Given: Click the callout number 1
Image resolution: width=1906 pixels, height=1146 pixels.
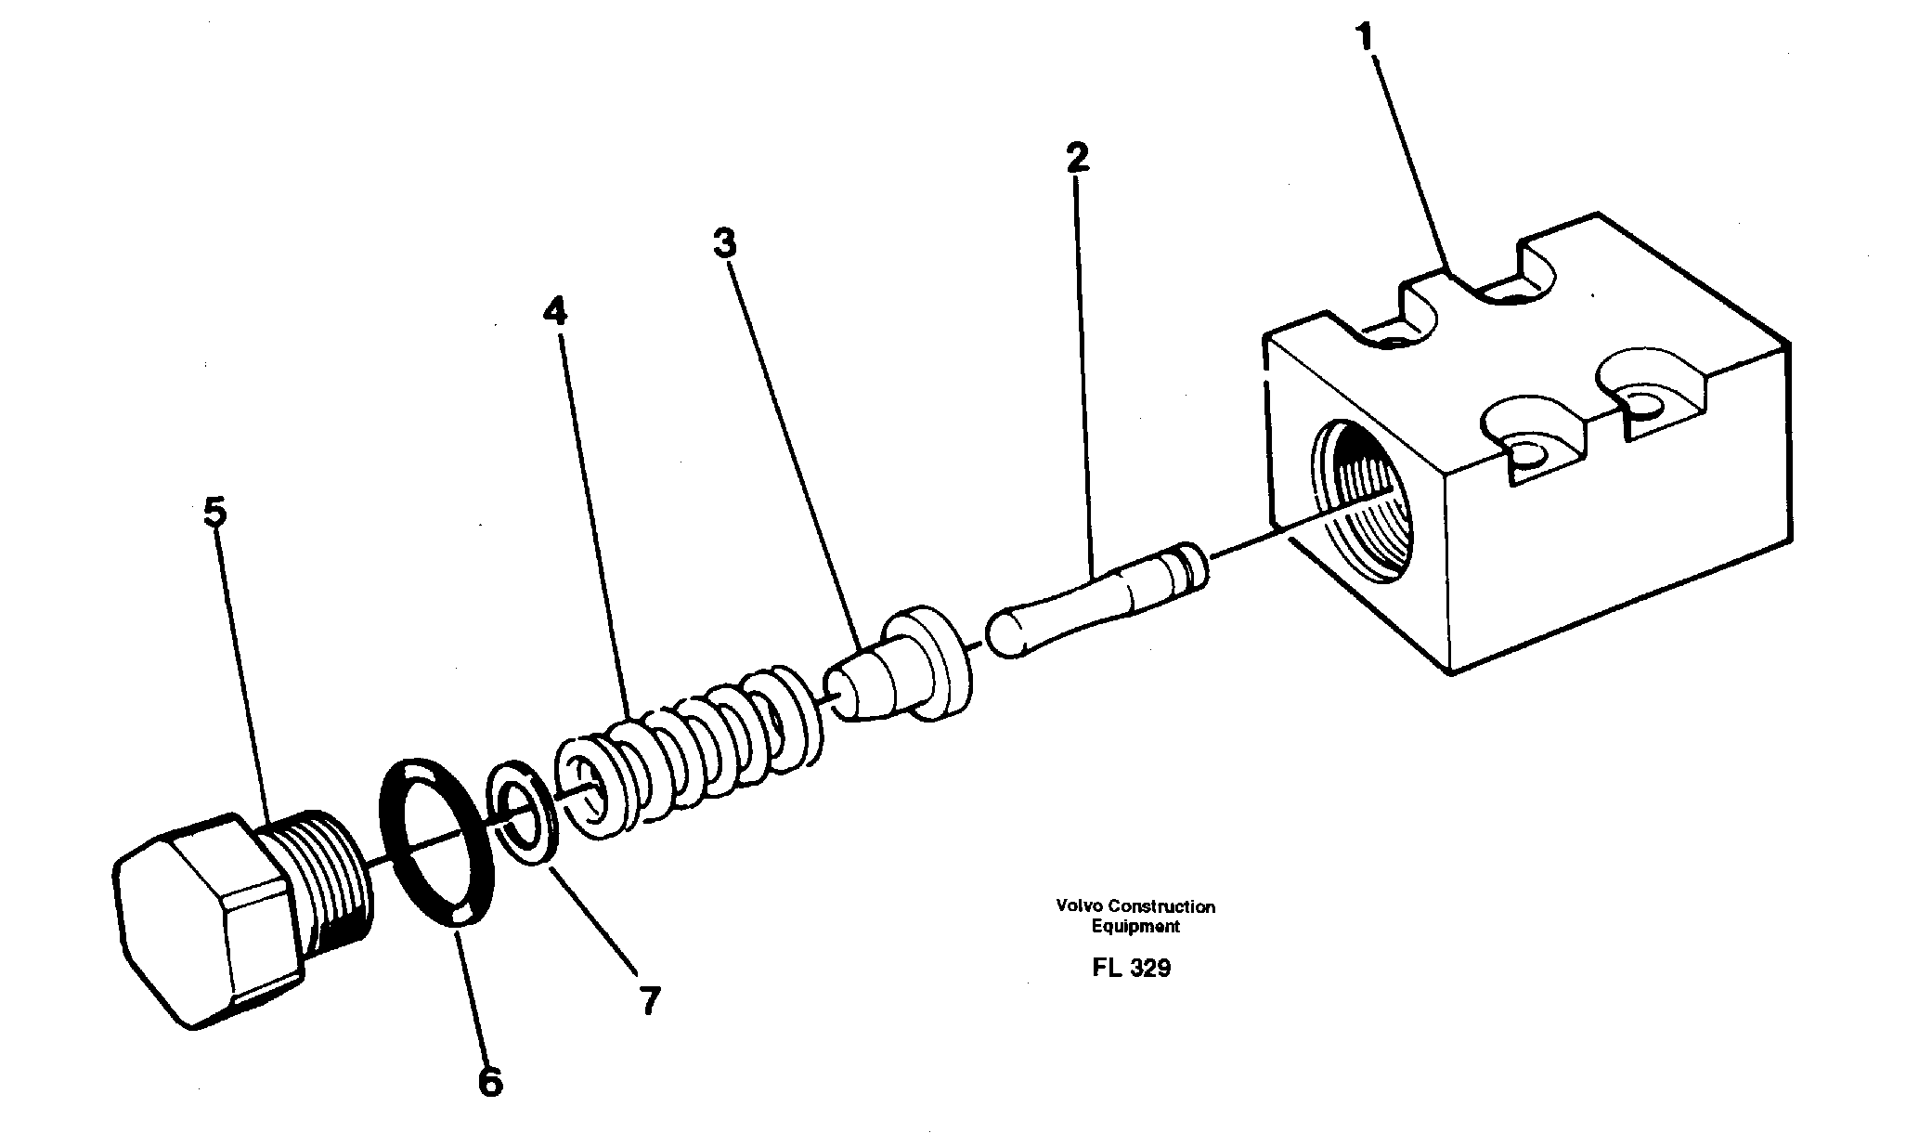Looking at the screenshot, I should coord(1364,39).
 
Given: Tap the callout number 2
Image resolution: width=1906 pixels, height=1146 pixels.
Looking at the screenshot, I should coord(1077,159).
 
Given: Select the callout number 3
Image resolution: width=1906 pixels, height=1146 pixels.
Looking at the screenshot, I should coord(724,244).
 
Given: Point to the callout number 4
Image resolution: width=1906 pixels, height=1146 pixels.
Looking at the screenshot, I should coord(554,312).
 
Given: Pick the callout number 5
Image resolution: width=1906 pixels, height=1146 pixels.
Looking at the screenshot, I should coord(214,513).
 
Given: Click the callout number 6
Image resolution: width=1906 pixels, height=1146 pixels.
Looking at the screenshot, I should coord(490,1082).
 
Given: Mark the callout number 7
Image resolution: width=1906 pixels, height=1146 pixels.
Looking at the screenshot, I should coord(648,1000).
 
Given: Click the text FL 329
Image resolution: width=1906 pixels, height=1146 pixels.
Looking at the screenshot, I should coord(1132,968).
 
